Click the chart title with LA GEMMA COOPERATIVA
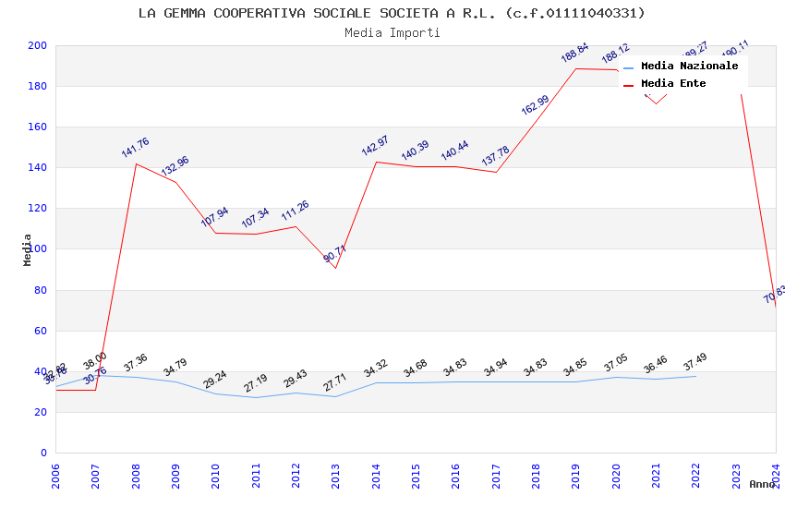pyautogui.click(x=392, y=13)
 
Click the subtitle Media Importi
pyautogui.click(x=392, y=32)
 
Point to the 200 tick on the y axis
pyautogui.click(x=38, y=45)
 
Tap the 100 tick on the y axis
pyautogui.click(x=38, y=249)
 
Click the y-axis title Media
pyautogui.click(x=28, y=249)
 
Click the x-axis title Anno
pyautogui.click(x=762, y=484)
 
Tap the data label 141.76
pyautogui.click(x=135, y=148)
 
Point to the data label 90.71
pyautogui.click(x=335, y=254)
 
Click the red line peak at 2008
pyautogui.click(x=136, y=163)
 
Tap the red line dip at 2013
pyautogui.click(x=335, y=268)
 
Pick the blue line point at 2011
pyautogui.click(x=256, y=397)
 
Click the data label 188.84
pyautogui.click(x=574, y=53)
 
